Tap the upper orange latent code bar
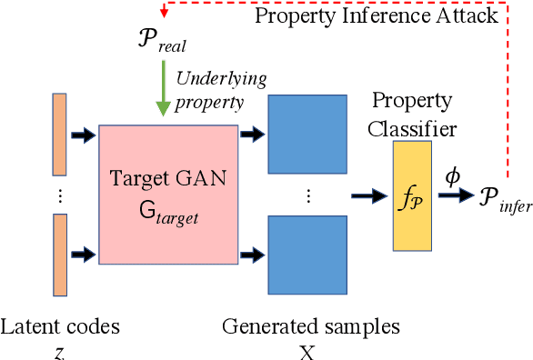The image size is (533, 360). (x=60, y=135)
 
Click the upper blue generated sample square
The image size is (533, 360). (x=307, y=134)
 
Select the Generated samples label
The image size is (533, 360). (x=310, y=325)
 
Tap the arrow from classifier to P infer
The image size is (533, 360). (x=459, y=193)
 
